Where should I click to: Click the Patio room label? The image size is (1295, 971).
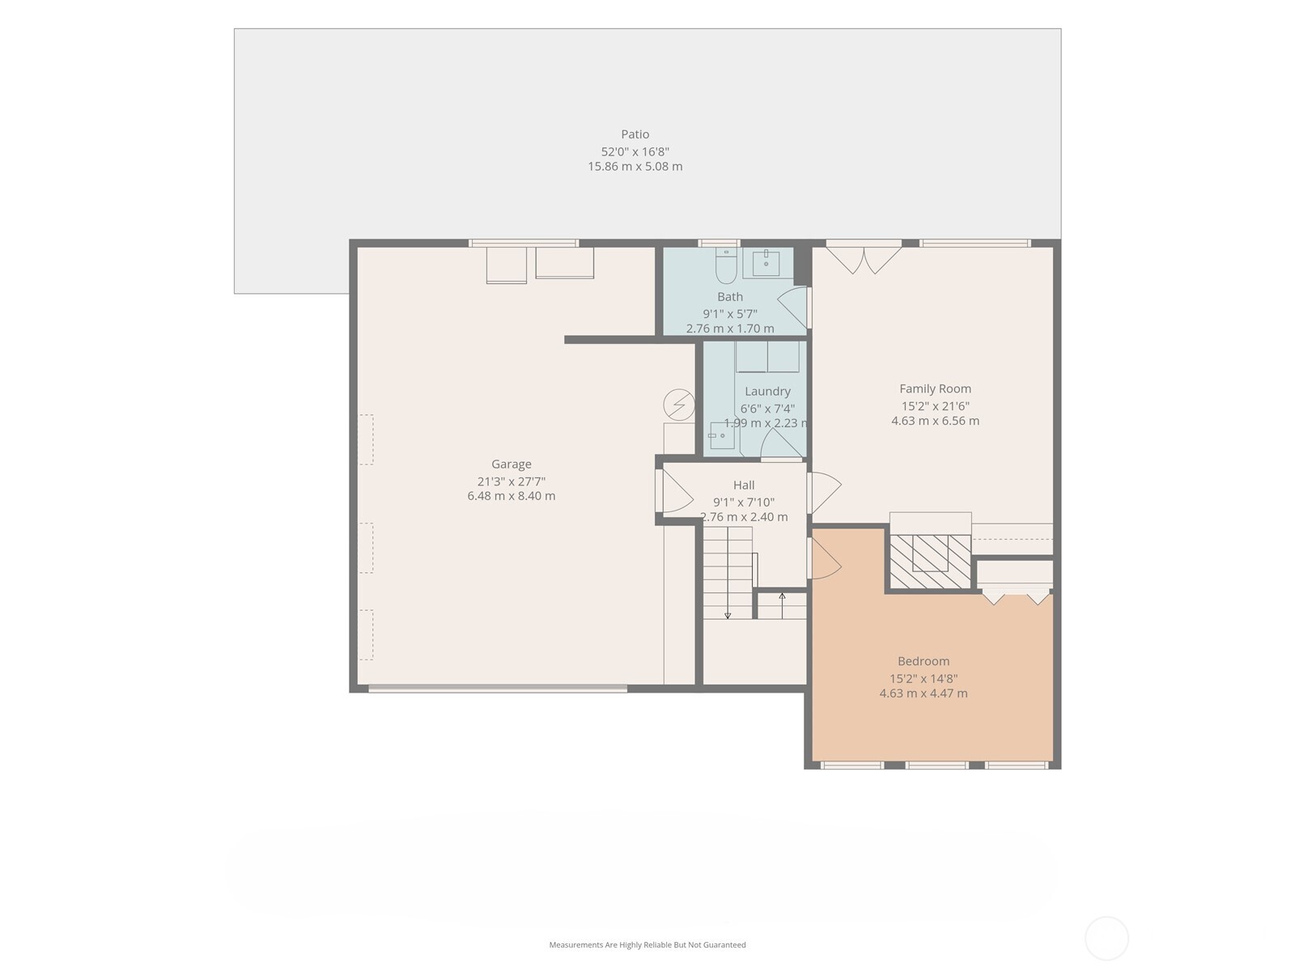[635, 134]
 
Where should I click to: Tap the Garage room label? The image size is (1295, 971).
[511, 464]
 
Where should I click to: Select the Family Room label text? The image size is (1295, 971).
[935, 389]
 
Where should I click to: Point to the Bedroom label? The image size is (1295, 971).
[923, 661]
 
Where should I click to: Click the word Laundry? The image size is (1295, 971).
[767, 392]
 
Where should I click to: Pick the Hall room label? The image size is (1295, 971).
[743, 485]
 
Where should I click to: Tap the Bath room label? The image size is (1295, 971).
[730, 297]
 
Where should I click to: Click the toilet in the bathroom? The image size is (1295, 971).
[726, 265]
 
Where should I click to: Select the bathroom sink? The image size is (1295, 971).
[766, 263]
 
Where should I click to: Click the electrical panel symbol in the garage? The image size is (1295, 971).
[678, 405]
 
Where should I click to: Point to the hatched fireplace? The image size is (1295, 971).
[930, 562]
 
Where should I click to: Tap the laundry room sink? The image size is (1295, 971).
[722, 435]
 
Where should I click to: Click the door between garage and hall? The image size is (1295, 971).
[673, 490]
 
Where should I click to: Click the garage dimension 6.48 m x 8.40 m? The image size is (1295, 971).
[511, 496]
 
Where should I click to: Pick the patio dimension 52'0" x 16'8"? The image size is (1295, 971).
[635, 152]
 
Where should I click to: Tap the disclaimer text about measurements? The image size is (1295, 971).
[647, 944]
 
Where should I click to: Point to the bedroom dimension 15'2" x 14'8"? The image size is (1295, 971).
[923, 679]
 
